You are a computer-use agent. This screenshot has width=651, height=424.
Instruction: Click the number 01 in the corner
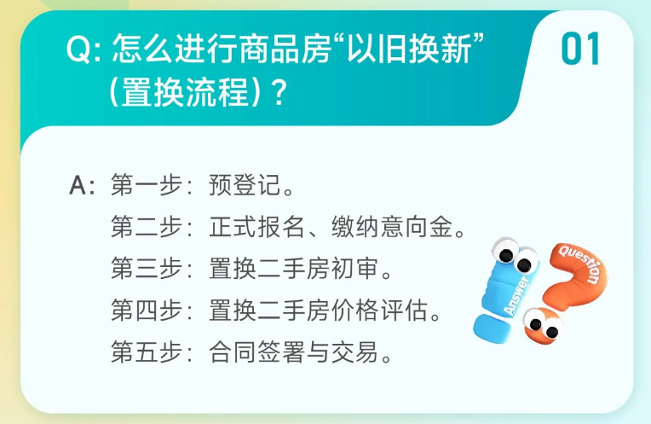coord(580,49)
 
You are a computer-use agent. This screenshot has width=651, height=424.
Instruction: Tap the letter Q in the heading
coord(78,49)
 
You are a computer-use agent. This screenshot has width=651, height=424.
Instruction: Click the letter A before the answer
coord(78,185)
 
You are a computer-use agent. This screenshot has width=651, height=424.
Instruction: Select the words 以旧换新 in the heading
coord(409,49)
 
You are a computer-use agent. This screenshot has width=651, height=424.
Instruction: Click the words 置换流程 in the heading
coord(185,92)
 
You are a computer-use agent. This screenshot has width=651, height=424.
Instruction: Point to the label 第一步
coord(147,185)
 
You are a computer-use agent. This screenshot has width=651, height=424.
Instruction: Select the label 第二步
coord(147,227)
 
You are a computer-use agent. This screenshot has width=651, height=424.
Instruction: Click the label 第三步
coord(147,269)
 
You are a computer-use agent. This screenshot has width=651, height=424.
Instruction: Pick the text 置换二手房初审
coord(294,269)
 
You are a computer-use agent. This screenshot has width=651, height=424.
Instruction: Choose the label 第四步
coord(147,311)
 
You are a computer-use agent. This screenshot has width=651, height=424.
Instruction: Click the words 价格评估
coord(379,311)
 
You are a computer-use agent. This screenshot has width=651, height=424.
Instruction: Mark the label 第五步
coord(147,352)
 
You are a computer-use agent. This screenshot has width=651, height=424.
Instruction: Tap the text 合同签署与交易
coord(294,352)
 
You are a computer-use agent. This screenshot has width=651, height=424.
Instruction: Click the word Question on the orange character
coord(580,264)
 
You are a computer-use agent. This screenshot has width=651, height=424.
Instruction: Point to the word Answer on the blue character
coord(516,295)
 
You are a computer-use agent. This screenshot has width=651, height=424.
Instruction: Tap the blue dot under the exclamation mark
coord(492,328)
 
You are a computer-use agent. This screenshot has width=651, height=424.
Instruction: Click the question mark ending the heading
coord(279,92)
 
